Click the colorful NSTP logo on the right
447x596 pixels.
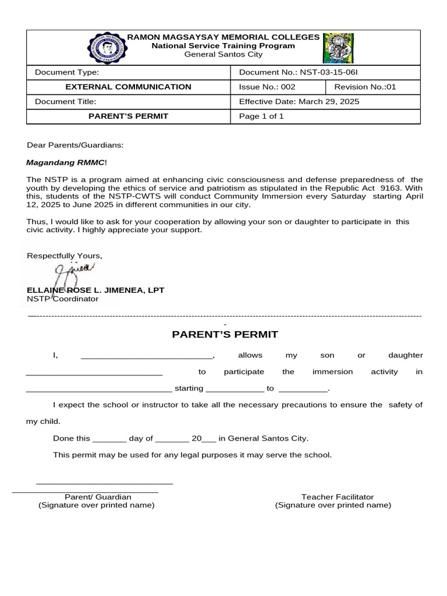coord(338,48)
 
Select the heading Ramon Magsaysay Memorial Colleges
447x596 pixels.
coord(223,37)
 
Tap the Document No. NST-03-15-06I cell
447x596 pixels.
coord(299,72)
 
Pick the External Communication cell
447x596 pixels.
coord(128,87)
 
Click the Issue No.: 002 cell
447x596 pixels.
coord(267,87)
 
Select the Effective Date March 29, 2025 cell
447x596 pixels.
coord(299,101)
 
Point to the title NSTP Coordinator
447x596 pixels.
coord(63,299)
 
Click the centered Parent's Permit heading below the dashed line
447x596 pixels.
coord(225,334)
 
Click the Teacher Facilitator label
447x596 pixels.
coord(337,497)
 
